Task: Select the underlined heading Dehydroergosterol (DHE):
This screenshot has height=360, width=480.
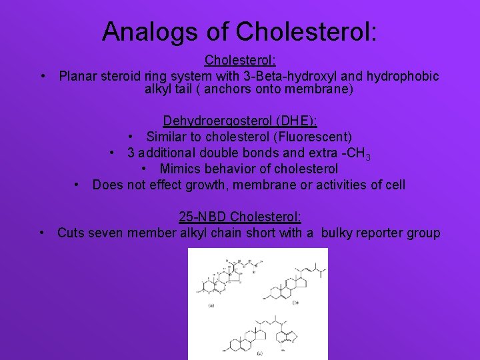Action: (x=240, y=121)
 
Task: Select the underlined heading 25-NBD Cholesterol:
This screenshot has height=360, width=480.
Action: (x=240, y=217)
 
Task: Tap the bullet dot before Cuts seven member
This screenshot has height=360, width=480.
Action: (x=42, y=233)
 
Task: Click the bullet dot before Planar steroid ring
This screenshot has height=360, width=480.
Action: (x=43, y=76)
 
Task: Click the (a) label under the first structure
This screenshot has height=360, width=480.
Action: (x=211, y=306)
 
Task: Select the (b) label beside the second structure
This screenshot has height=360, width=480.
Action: (x=295, y=302)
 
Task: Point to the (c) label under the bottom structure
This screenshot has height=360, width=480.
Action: (x=258, y=352)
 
